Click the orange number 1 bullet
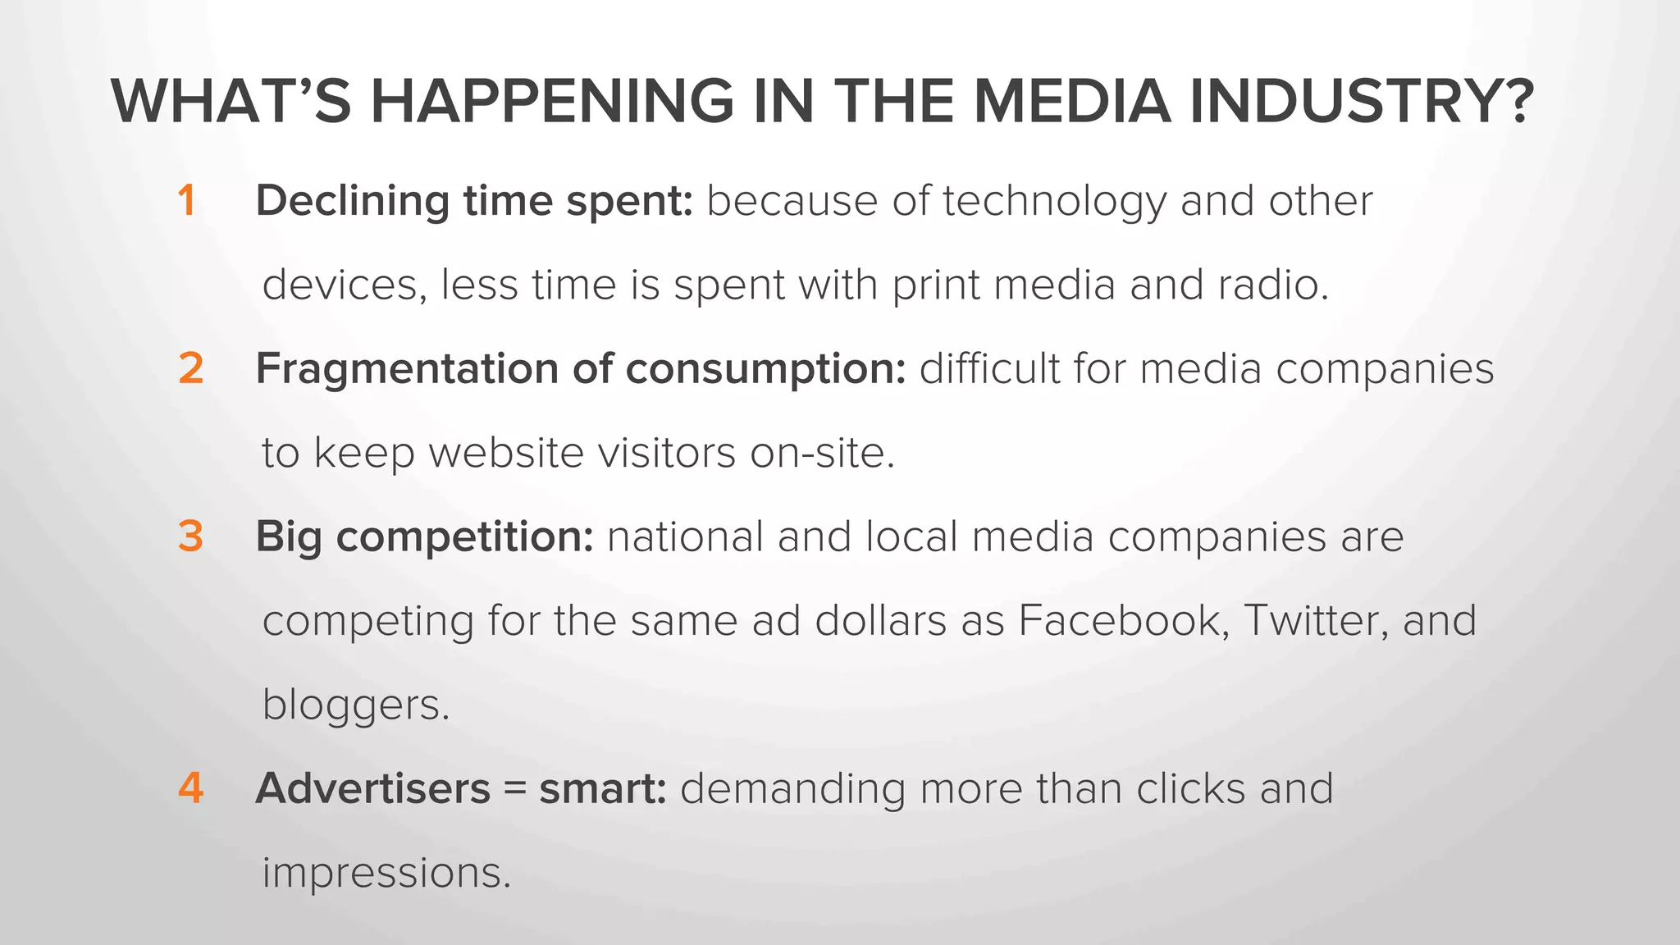[x=187, y=201]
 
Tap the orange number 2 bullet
[x=190, y=368]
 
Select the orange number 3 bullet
[x=190, y=536]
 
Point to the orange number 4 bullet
[x=190, y=788]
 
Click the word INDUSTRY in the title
[x=1359, y=102]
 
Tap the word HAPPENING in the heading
[x=551, y=102]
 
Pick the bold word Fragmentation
[x=407, y=369]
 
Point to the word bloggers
[x=355, y=705]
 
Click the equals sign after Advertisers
[x=514, y=789]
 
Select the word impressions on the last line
[x=386, y=873]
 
